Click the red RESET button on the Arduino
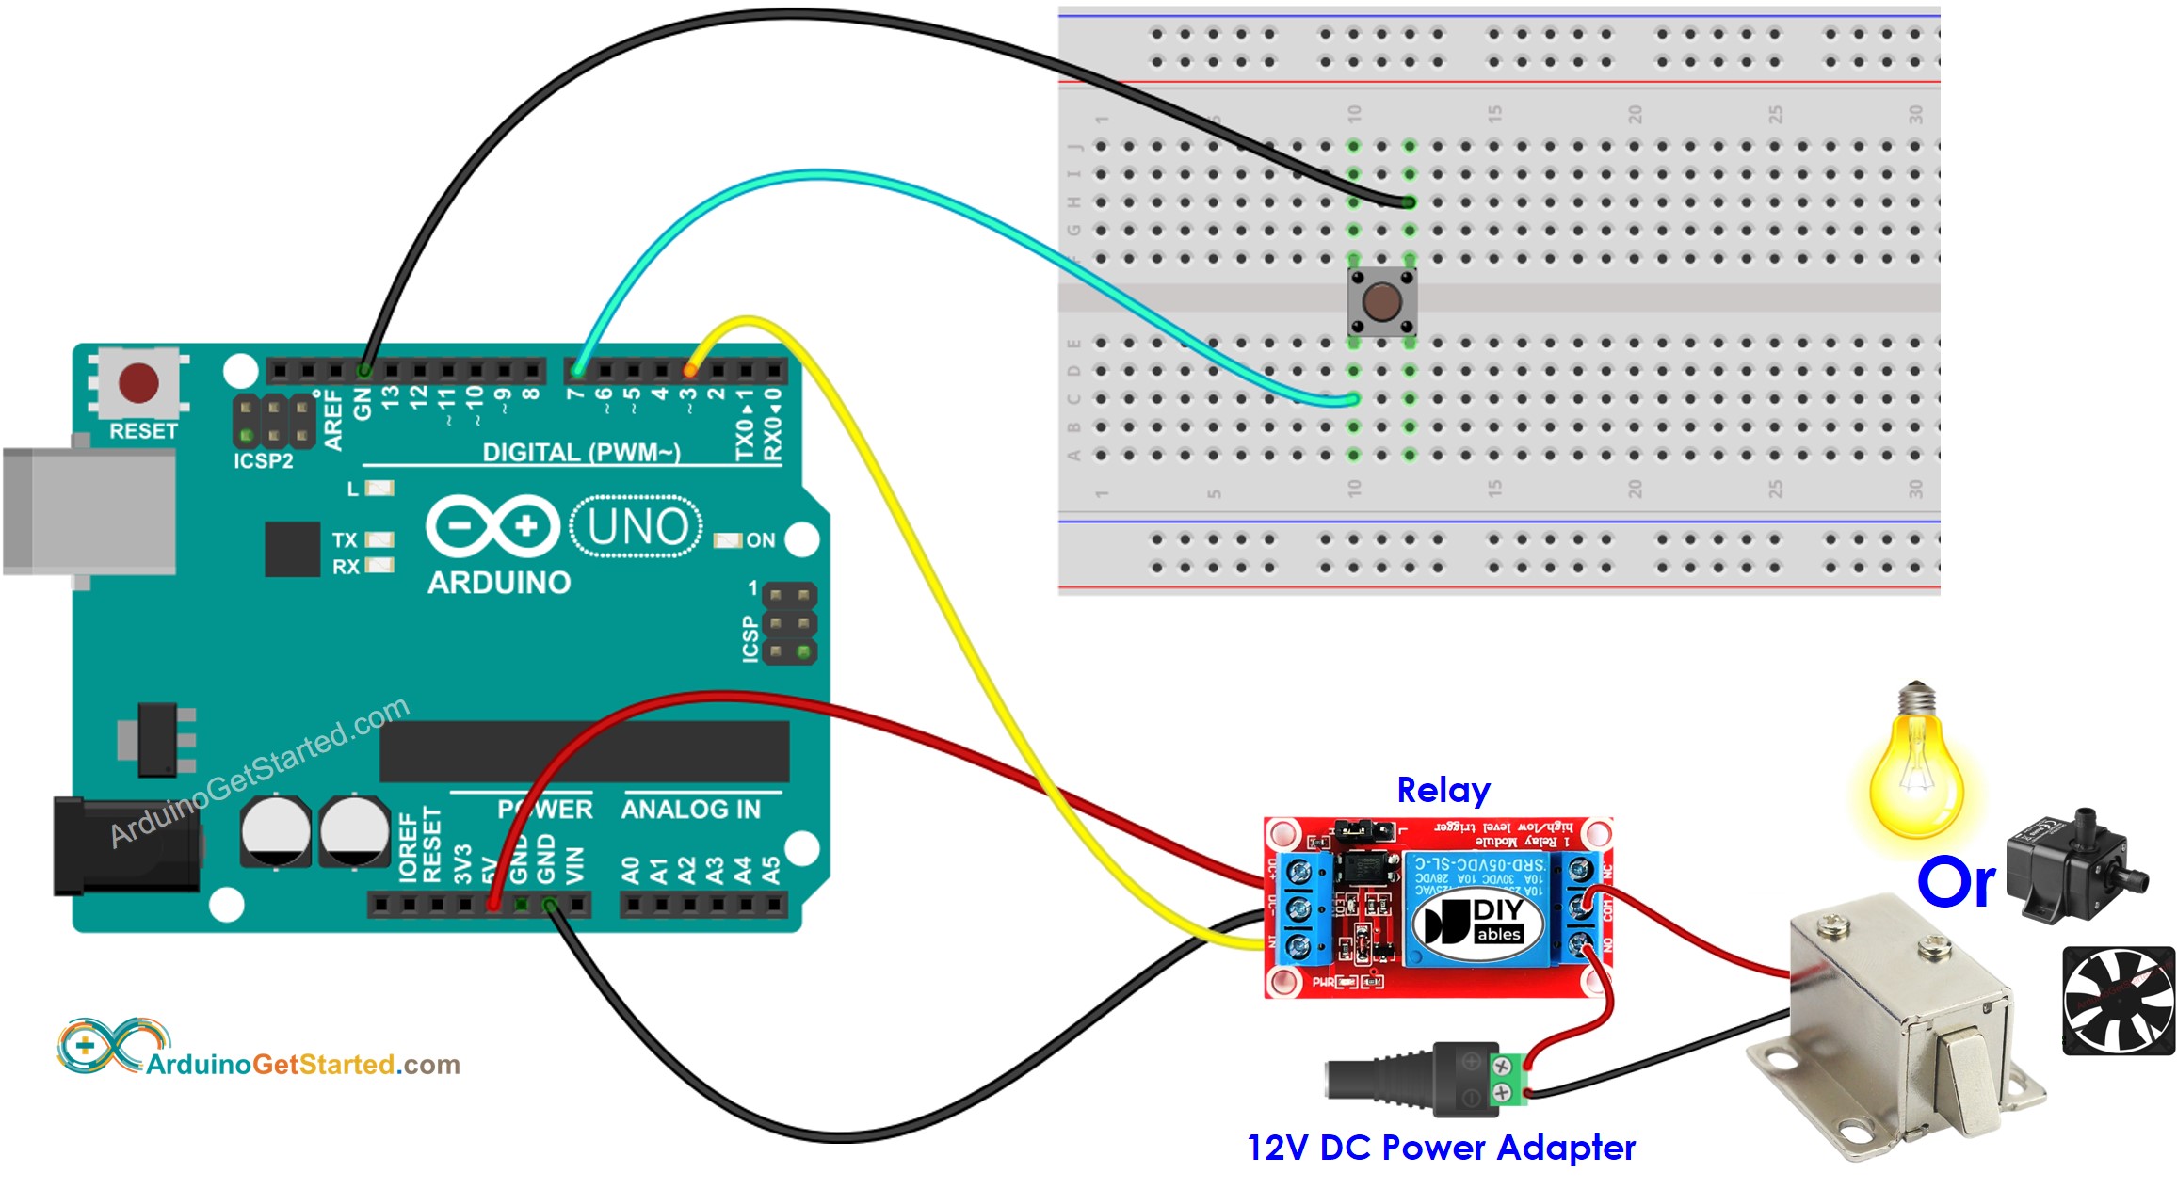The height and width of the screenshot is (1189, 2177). [138, 383]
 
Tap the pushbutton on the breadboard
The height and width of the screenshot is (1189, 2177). [1381, 301]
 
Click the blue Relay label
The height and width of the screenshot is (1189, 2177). [1443, 790]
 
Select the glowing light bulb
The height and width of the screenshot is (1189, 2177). [1916, 772]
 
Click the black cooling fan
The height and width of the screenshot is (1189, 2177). [2118, 1001]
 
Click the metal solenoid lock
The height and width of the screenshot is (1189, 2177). [1902, 1026]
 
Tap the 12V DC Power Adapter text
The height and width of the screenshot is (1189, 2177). [1441, 1148]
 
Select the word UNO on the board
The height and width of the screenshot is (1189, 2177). [637, 526]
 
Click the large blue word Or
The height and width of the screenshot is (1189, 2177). [1956, 883]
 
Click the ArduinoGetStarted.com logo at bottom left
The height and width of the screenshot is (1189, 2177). [259, 1050]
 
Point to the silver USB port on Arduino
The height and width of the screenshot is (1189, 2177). [89, 511]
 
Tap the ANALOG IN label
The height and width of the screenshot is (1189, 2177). [690, 810]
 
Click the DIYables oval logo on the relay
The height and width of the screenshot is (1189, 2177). [1478, 922]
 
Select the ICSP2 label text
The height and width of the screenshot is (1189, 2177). [264, 461]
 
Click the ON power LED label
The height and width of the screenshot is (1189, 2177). [760, 540]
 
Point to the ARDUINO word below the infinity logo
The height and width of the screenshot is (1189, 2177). [499, 583]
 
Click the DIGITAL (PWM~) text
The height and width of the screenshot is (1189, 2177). [581, 453]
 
